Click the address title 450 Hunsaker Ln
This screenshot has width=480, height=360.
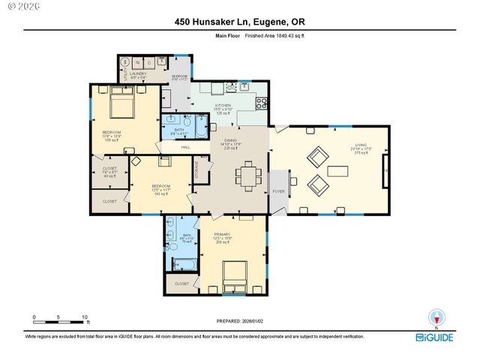(x=240, y=22)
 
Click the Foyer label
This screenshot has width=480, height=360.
(x=278, y=191)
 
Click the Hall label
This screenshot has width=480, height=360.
(x=185, y=147)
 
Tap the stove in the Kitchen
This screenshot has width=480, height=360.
(x=262, y=103)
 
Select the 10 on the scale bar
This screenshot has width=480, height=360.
(x=85, y=316)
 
